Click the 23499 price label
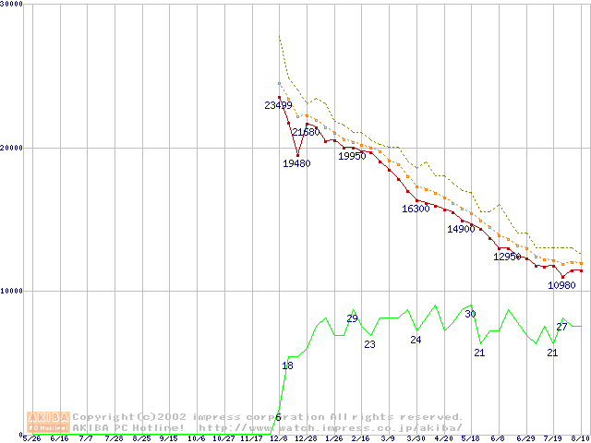pyautogui.click(x=278, y=105)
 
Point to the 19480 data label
pyautogui.click(x=296, y=163)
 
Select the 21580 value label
pyautogui.click(x=306, y=132)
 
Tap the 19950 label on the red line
pyautogui.click(x=352, y=156)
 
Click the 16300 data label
pyautogui.click(x=416, y=209)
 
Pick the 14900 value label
pyautogui.click(x=461, y=229)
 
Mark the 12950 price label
pyautogui.click(x=507, y=257)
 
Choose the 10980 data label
pyautogui.click(x=561, y=285)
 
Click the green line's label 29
pyautogui.click(x=352, y=318)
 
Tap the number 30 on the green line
pyautogui.click(x=470, y=314)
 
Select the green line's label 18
pyautogui.click(x=287, y=366)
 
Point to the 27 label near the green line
pyautogui.click(x=561, y=327)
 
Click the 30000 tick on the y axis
pyautogui.click(x=12, y=4)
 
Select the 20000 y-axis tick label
pyautogui.click(x=12, y=148)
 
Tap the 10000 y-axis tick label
pyautogui.click(x=12, y=291)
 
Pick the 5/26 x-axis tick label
pyautogui.click(x=30, y=438)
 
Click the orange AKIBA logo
pyautogui.click(x=48, y=421)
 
